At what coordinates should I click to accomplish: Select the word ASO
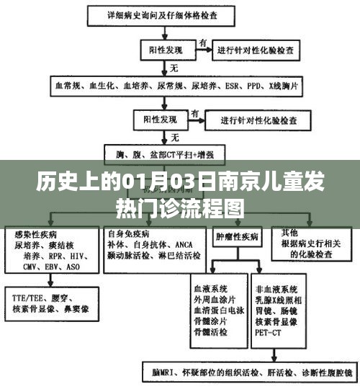pyautogui.click(x=73, y=266)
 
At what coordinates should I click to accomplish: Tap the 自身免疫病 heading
pyautogui.click(x=128, y=234)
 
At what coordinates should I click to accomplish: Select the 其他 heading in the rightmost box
pyautogui.click(x=289, y=233)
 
